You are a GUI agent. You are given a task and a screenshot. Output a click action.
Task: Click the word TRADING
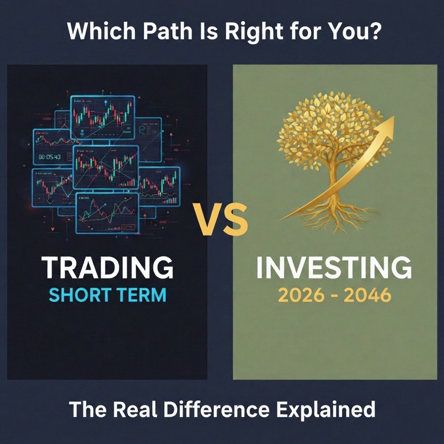(x=108, y=268)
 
